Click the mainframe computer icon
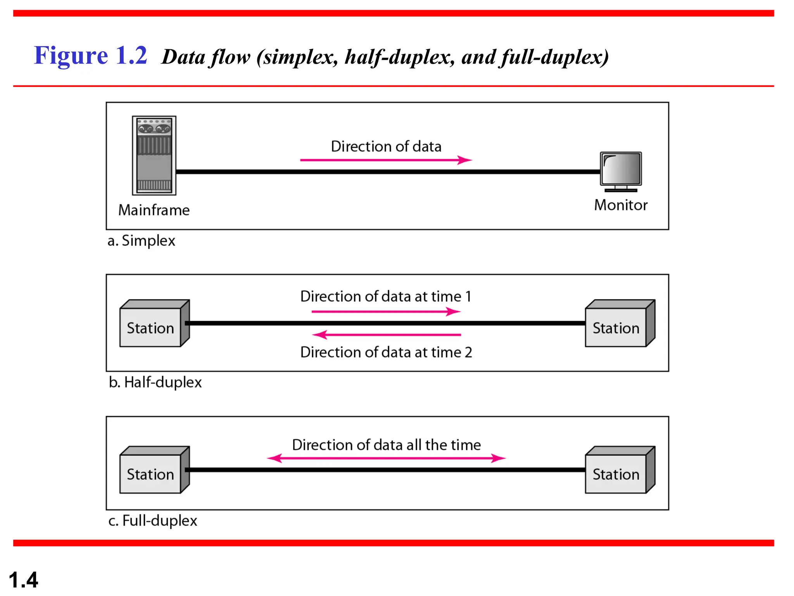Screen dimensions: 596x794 pyautogui.click(x=154, y=155)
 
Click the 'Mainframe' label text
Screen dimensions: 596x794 pyautogui.click(x=154, y=210)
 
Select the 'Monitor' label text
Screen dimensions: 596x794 pyautogui.click(x=621, y=205)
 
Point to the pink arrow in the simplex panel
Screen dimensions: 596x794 pyautogui.click(x=386, y=160)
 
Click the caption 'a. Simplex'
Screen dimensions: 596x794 pyautogui.click(x=141, y=241)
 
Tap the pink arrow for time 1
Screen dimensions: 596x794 pyautogui.click(x=386, y=311)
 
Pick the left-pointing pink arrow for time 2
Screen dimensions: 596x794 pyautogui.click(x=386, y=334)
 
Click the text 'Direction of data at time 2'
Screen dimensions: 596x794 pyautogui.click(x=386, y=352)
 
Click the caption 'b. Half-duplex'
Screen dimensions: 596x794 pyautogui.click(x=155, y=382)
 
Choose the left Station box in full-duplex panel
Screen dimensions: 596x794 pyautogui.click(x=151, y=471)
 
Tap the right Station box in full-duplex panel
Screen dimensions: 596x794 pyautogui.click(x=616, y=471)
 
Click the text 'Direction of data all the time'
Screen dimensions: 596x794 pyautogui.click(x=386, y=445)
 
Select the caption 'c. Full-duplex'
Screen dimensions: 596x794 pyautogui.click(x=153, y=520)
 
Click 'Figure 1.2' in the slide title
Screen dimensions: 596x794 pyautogui.click(x=90, y=55)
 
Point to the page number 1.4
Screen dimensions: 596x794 pyautogui.click(x=23, y=580)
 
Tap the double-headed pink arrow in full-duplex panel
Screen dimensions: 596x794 pyautogui.click(x=386, y=458)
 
